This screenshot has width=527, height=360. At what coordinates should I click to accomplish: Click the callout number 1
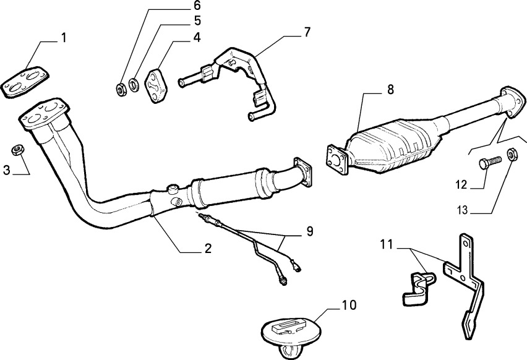click(x=63, y=38)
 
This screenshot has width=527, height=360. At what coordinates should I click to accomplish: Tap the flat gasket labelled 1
click(x=25, y=82)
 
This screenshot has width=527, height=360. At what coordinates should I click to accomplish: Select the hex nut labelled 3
click(x=17, y=150)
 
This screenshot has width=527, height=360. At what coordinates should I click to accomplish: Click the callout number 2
click(x=208, y=249)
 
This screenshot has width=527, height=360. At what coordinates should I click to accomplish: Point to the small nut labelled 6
click(x=121, y=89)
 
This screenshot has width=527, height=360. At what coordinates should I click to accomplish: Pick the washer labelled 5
click(x=134, y=85)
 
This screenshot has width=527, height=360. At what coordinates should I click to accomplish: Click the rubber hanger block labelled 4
click(x=156, y=86)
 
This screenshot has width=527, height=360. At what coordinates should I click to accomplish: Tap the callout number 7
click(x=307, y=32)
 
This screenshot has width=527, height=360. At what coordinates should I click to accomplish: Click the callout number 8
click(x=390, y=90)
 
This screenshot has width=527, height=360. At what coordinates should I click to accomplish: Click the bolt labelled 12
click(x=490, y=163)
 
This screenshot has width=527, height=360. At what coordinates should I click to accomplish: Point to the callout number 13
click(x=462, y=210)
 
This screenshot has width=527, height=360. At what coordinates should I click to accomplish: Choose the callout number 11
click(x=387, y=244)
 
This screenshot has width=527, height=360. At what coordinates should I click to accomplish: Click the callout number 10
click(x=349, y=305)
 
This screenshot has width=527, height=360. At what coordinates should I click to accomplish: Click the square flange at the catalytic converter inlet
click(x=337, y=160)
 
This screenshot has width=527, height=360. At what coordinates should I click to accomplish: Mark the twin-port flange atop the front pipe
click(x=45, y=114)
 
